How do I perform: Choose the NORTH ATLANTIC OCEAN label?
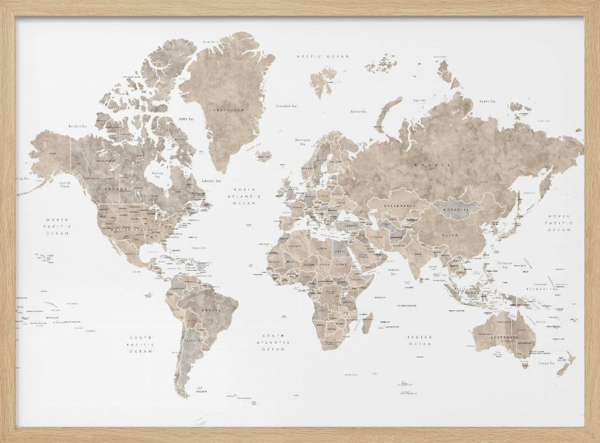[247, 195]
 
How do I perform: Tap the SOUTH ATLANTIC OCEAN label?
[275, 341]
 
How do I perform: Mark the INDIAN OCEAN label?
[420, 341]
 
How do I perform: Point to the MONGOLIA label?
[458, 209]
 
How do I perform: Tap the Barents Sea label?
[359, 111]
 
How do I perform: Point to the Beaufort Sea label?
[79, 126]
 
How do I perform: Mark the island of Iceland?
[264, 156]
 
